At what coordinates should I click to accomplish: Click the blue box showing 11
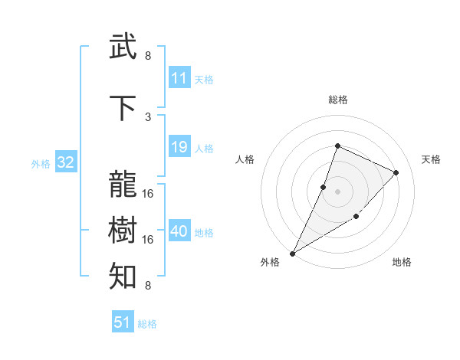179,78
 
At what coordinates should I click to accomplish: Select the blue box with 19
179,147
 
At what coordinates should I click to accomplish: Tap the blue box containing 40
179,231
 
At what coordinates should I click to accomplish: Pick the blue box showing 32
65,162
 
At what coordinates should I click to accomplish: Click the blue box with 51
123,322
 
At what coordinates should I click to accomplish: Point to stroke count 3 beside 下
148,116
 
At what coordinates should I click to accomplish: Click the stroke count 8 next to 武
148,56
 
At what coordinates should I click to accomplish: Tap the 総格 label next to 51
147,324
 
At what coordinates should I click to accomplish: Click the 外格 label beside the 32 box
41,163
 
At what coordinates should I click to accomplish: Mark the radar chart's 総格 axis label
338,100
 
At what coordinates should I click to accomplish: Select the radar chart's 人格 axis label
245,159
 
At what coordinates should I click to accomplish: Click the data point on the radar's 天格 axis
396,172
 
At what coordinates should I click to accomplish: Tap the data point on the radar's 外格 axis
292,253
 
